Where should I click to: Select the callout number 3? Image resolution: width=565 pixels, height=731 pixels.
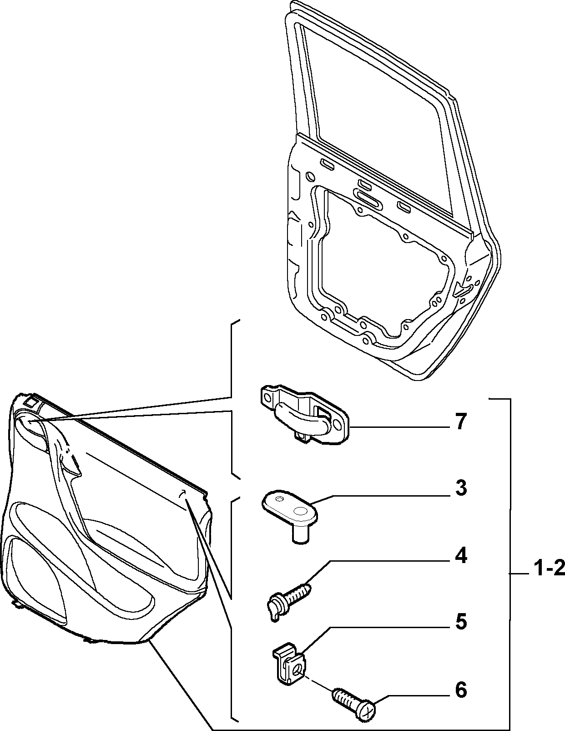click(461, 488)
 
